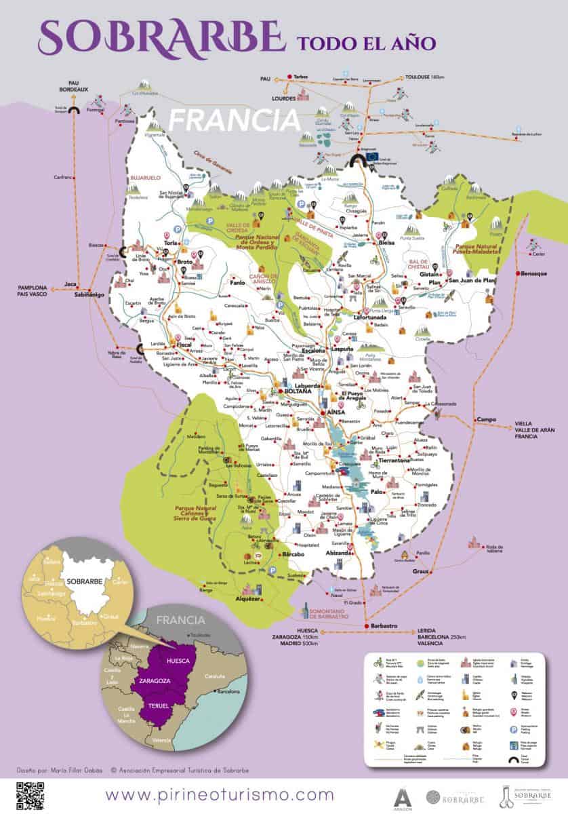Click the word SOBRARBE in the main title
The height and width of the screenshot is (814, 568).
(x=159, y=37)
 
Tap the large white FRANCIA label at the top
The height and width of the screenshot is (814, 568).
(x=234, y=119)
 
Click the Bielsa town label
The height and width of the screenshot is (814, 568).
(x=387, y=242)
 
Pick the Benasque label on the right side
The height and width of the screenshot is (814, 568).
(x=533, y=273)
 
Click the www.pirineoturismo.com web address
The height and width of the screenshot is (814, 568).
(x=220, y=794)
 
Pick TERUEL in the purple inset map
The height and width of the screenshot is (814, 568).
(x=158, y=706)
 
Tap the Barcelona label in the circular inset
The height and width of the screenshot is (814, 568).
(x=227, y=692)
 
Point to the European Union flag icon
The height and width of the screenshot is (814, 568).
(x=371, y=156)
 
